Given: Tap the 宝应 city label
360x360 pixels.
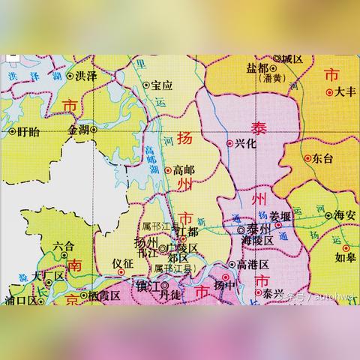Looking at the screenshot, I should click(x=162, y=85).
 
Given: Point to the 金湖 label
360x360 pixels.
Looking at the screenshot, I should click(x=78, y=130).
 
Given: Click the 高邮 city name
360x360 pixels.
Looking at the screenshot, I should click(x=184, y=170).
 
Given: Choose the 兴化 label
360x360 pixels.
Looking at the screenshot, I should click(x=246, y=143).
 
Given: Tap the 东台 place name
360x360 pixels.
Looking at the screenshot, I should click(x=323, y=158).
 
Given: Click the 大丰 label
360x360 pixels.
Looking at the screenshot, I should click(x=345, y=92).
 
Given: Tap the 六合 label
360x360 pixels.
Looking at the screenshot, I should click(x=64, y=245).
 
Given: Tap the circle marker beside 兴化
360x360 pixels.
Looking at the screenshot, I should click(x=229, y=143).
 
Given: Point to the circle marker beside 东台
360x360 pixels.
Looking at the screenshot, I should click(x=307, y=158).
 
